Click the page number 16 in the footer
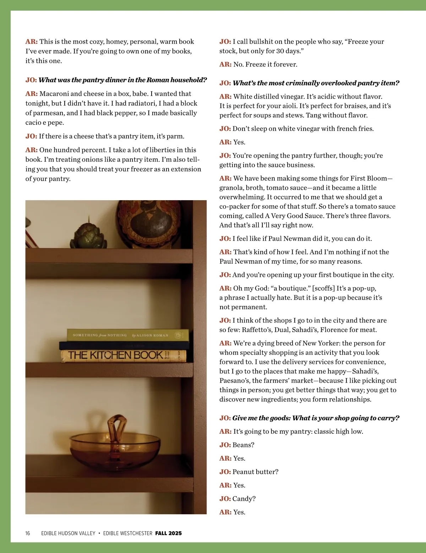click(x=28, y=533)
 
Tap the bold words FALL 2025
click(x=168, y=533)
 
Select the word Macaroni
click(x=54, y=94)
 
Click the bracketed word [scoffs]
click(x=323, y=288)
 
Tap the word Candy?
click(x=244, y=499)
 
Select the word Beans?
click(x=243, y=445)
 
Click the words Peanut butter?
click(x=255, y=472)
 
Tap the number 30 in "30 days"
click(x=280, y=51)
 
